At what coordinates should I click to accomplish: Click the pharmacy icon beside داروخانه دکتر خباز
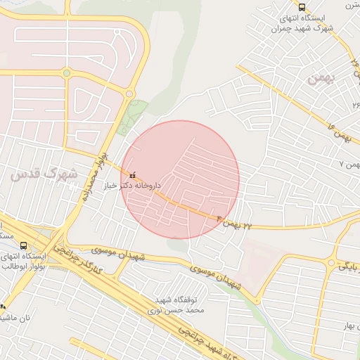(133, 174)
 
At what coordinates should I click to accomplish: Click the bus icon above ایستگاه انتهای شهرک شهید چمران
(302, 7)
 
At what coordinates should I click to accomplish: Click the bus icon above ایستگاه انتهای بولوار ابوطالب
(24, 246)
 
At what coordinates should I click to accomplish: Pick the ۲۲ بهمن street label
(233, 223)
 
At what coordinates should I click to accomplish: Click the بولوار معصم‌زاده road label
(94, 176)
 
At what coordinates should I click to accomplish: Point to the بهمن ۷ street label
(349, 164)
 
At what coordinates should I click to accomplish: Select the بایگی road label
(349, 267)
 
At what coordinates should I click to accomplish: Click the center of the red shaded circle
(180, 180)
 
